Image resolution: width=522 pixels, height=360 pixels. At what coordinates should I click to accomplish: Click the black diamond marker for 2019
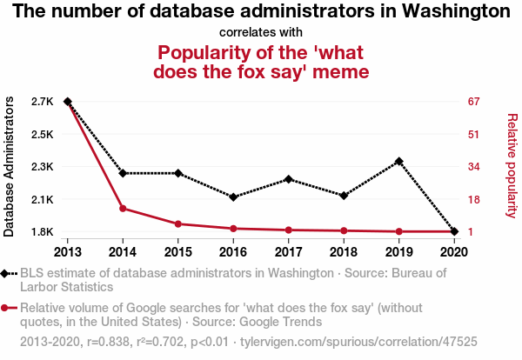pyautogui.click(x=398, y=161)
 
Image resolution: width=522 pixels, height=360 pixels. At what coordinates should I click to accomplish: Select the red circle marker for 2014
pyautogui.click(x=123, y=208)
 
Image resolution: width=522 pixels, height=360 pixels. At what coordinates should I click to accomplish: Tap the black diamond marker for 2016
pyautogui.click(x=233, y=197)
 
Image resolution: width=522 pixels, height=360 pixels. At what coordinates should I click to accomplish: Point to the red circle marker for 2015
pyautogui.click(x=177, y=224)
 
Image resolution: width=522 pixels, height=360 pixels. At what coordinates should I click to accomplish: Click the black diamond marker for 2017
pyautogui.click(x=288, y=179)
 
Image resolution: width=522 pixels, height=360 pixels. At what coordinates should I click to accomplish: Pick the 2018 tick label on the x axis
pyautogui.click(x=343, y=252)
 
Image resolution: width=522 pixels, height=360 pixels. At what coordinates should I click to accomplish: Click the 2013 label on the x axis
pyautogui.click(x=67, y=252)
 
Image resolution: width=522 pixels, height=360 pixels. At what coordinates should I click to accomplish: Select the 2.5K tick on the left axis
pyautogui.click(x=41, y=135)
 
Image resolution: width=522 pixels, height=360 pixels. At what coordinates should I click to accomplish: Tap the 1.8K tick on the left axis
pyautogui.click(x=41, y=232)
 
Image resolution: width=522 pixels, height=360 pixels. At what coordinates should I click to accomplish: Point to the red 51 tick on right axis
pyautogui.click(x=474, y=135)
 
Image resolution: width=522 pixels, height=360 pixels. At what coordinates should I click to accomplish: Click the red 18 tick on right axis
pyautogui.click(x=474, y=200)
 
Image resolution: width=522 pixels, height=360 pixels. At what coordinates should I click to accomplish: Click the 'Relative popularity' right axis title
pyautogui.click(x=512, y=165)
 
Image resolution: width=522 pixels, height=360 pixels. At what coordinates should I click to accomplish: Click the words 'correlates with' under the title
pyautogui.click(x=260, y=33)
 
